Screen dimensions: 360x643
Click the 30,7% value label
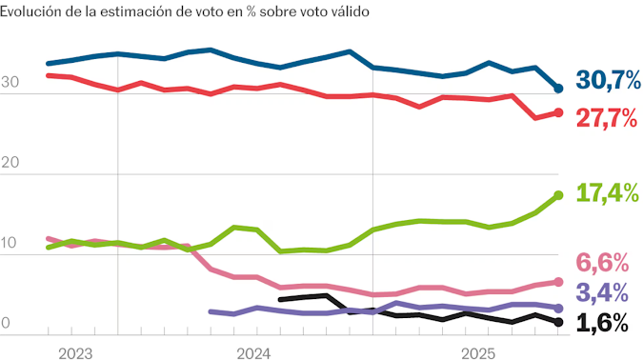click(x=608, y=82)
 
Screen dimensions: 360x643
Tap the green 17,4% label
click(x=608, y=193)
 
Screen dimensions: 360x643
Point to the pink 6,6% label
click(x=603, y=262)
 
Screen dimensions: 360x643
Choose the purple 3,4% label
click(x=603, y=291)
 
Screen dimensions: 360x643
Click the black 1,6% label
click(x=603, y=324)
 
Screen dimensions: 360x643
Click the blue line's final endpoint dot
click(x=559, y=89)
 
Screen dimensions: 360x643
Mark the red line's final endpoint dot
click(x=559, y=112)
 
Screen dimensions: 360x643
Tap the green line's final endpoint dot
click(x=559, y=195)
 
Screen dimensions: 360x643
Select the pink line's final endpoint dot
click(x=559, y=282)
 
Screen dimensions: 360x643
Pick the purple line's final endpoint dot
click(x=559, y=309)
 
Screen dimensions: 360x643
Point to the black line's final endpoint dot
click(x=559, y=323)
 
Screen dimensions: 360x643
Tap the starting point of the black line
click(x=280, y=299)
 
